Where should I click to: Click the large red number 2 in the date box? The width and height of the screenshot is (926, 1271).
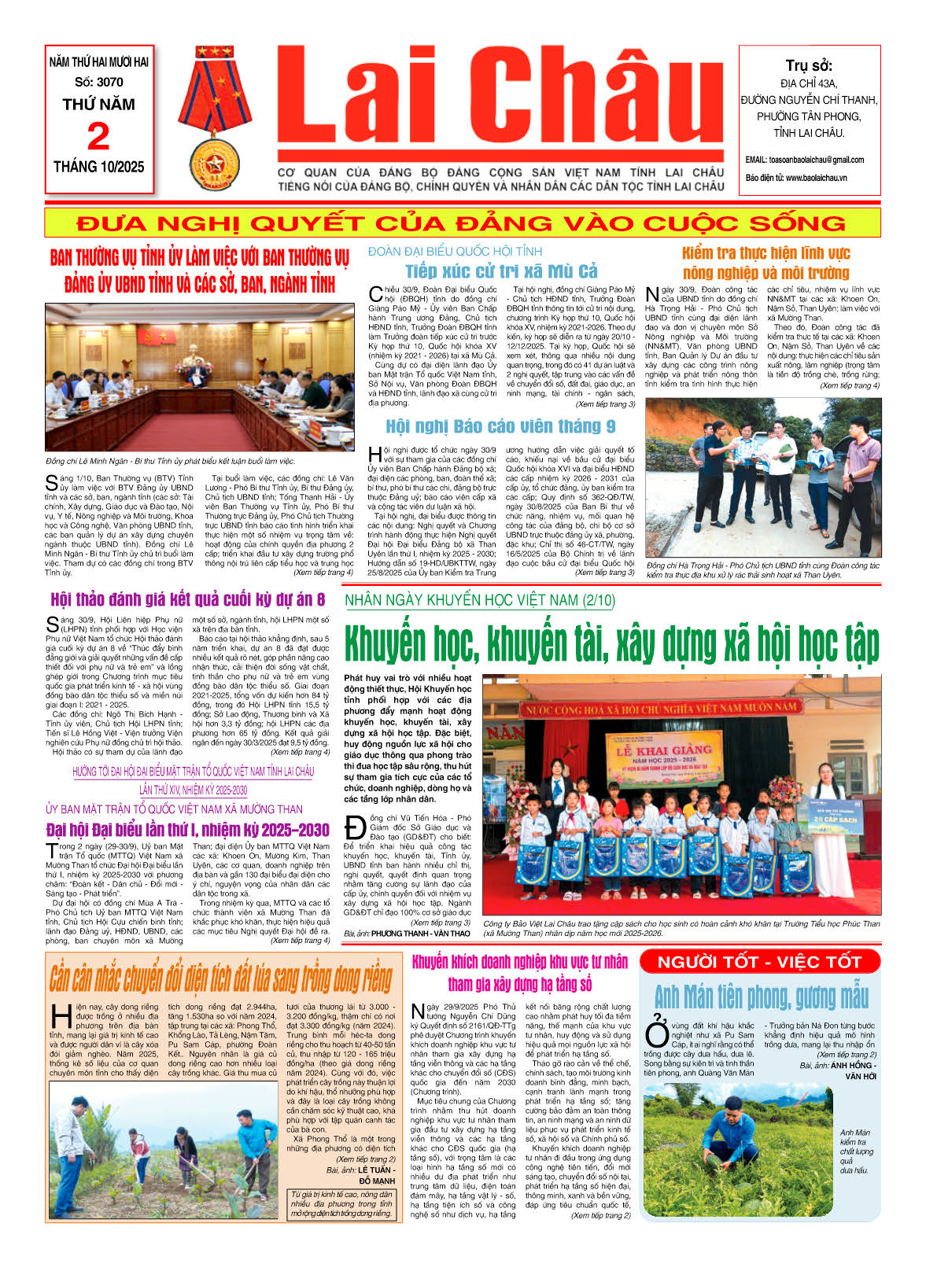coord(98,137)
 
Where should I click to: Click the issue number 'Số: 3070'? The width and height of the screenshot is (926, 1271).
coord(99,82)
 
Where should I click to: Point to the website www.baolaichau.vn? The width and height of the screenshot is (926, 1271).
coord(816,178)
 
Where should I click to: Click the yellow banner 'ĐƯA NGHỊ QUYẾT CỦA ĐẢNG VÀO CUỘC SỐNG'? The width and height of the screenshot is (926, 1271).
coord(463,223)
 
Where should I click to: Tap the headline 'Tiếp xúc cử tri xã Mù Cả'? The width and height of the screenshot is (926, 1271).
coord(501,271)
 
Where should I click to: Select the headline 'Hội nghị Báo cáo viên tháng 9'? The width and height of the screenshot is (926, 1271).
coord(500,426)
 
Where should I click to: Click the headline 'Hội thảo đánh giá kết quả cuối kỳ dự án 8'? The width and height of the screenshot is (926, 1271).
coord(187,600)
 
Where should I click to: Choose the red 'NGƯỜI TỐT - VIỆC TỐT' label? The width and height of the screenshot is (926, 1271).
coord(759,962)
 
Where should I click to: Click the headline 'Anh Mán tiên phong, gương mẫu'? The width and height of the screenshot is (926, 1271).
coord(762,997)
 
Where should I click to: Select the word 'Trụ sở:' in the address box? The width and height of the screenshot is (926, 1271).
coord(808,65)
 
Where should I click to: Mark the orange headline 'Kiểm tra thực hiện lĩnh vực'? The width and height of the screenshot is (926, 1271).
coord(766,253)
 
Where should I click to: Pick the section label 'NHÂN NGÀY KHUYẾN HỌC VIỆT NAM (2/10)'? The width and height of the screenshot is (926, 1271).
coord(480,601)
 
